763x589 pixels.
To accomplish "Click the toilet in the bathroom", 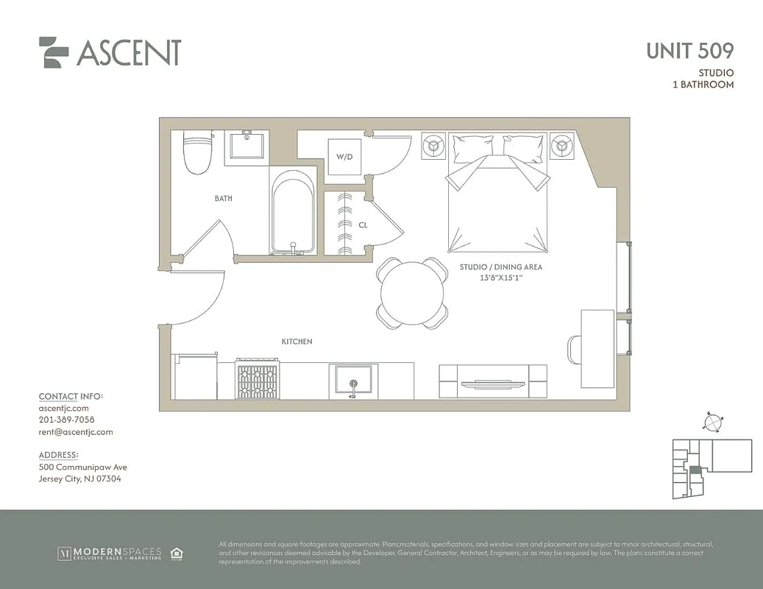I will tap(196, 154).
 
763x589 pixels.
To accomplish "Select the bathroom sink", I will tap(247, 146).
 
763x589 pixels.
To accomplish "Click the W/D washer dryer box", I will tap(344, 157).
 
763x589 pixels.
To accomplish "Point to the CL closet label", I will tap(363, 225).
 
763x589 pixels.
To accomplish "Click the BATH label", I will tap(224, 198).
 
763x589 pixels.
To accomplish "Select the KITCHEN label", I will tap(297, 342).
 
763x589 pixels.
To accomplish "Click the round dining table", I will tap(412, 293).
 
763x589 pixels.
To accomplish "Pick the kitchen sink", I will tap(353, 380).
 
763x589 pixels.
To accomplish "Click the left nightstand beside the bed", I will tap(433, 146).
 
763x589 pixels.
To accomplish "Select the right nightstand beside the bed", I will tap(564, 146).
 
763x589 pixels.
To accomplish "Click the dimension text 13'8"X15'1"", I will tap(500, 278).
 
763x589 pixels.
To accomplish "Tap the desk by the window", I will tap(597, 348).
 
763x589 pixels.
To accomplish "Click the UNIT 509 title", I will tap(689, 51).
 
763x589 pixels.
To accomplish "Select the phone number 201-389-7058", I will tap(66, 420).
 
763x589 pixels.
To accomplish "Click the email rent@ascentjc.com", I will tap(76, 432).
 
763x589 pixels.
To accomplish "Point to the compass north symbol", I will tap(711, 422).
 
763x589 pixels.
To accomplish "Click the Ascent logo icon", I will tap(54, 52).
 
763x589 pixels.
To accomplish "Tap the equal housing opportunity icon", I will tap(177, 553).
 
